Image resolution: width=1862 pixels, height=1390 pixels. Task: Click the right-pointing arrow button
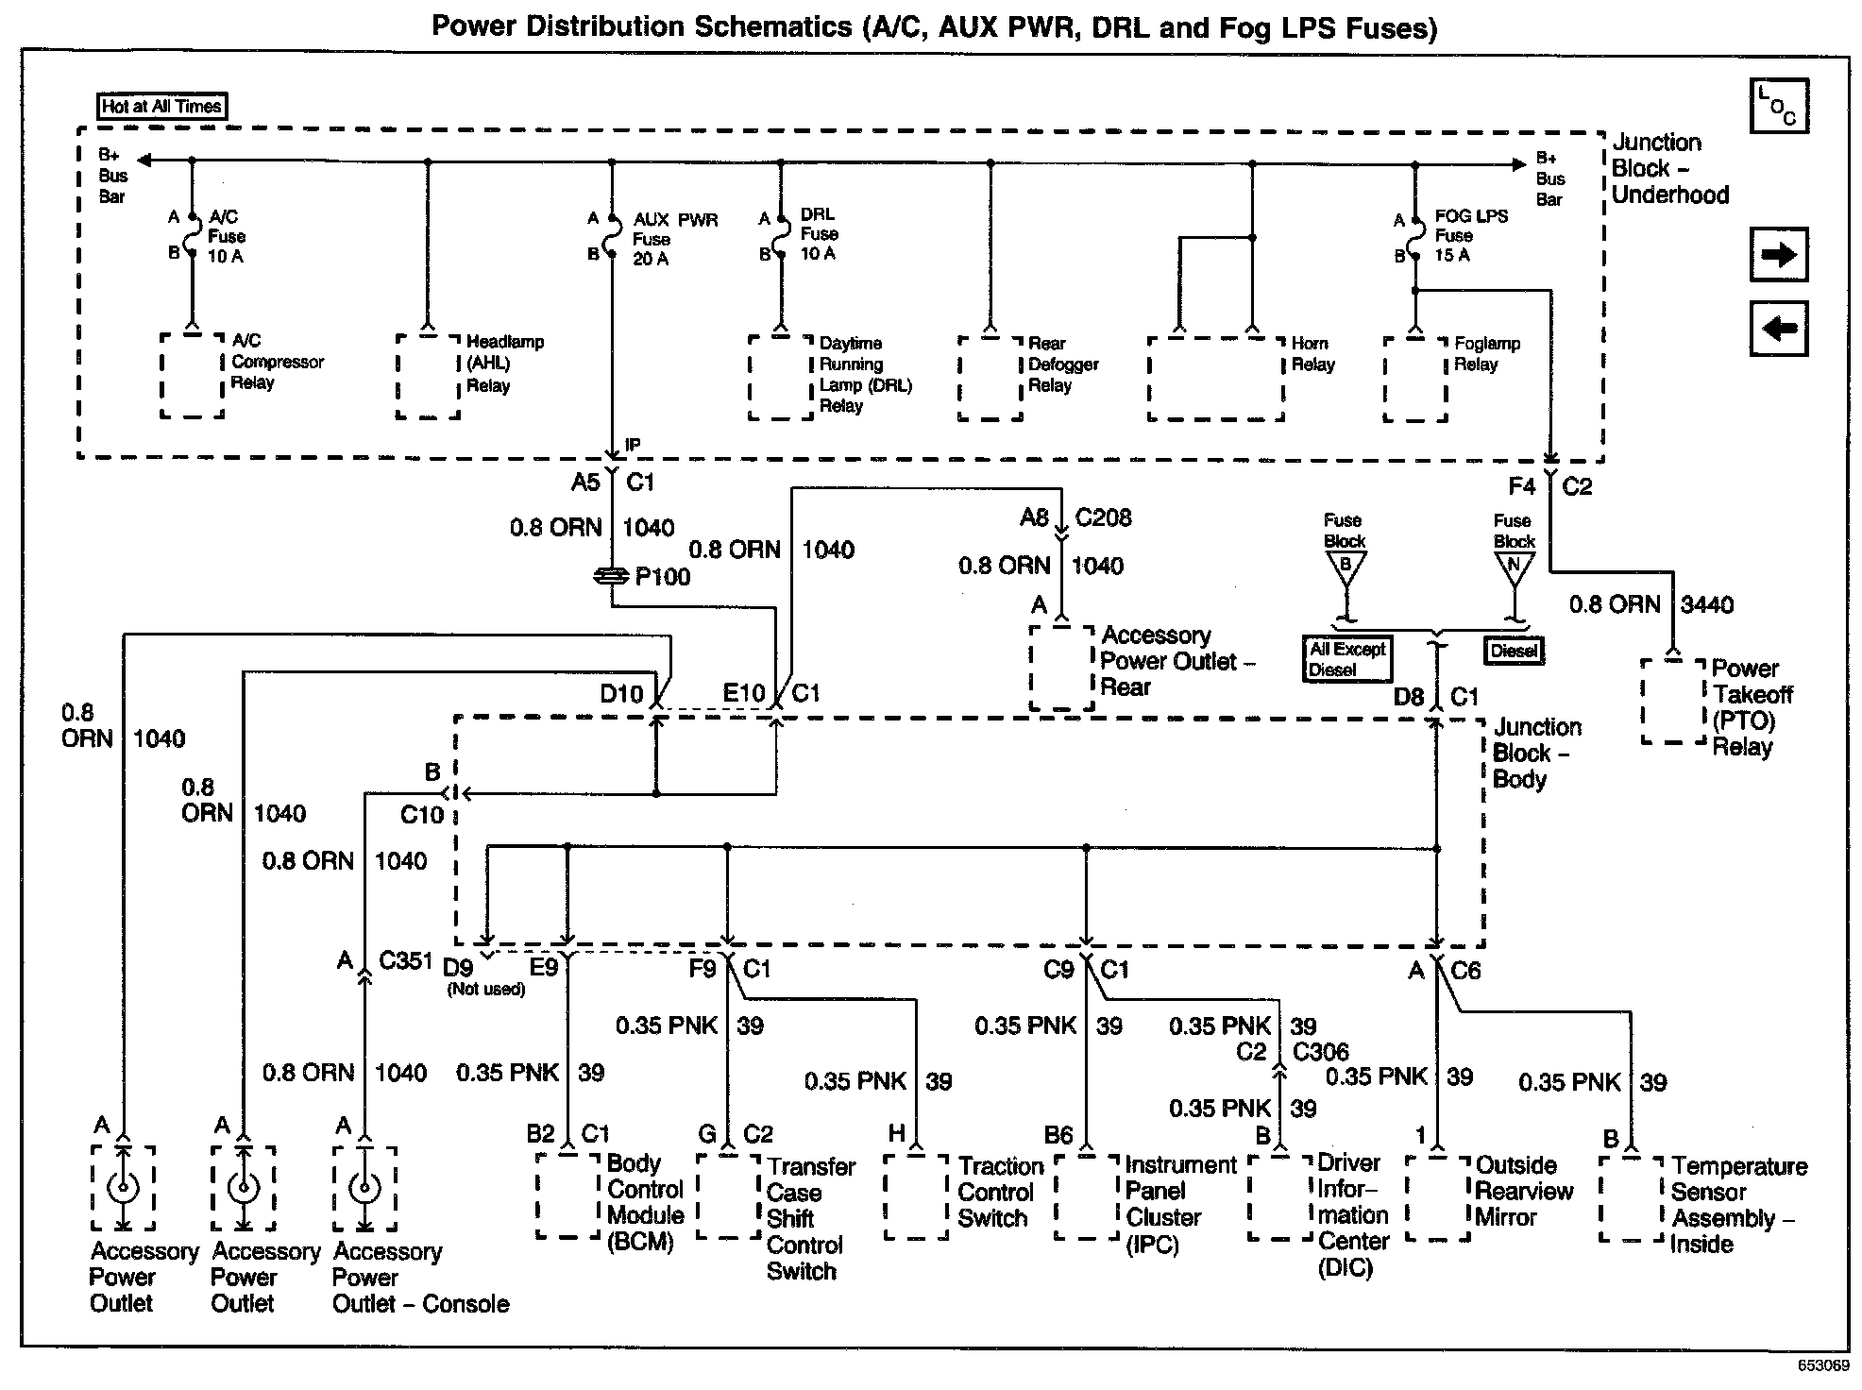1779,254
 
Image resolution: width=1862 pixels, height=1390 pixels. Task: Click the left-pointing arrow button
1779,329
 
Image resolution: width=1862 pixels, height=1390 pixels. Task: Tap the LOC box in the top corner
1779,106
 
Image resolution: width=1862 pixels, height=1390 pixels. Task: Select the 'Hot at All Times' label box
162,107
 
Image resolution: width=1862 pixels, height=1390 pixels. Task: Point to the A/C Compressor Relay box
193,375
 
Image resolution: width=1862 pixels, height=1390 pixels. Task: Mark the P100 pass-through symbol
612,576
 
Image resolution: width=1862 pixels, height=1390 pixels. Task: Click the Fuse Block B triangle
1346,567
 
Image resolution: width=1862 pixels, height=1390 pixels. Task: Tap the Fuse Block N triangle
1514,567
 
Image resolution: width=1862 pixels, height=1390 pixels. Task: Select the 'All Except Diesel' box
1347,659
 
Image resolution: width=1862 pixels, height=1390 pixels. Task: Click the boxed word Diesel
1514,651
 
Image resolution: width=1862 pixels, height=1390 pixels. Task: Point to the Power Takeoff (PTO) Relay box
1673,702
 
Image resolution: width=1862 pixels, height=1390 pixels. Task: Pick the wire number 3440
1707,604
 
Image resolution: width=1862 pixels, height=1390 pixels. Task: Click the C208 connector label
1103,517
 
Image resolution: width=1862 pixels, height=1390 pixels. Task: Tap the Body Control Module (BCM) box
568,1195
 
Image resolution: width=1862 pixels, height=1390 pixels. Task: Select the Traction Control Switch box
916,1196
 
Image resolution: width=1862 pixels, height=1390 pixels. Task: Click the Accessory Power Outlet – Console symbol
364,1188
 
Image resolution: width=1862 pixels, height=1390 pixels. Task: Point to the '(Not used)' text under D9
486,990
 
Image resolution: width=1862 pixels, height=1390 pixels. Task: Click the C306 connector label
1320,1052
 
